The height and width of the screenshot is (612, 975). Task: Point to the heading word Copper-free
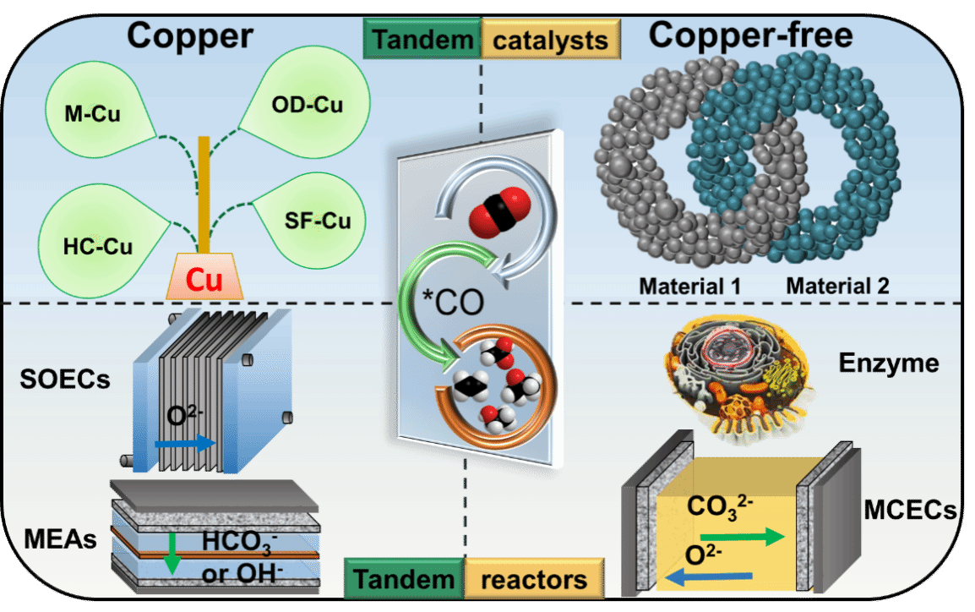coord(751,36)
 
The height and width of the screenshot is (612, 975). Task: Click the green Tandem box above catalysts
coord(422,40)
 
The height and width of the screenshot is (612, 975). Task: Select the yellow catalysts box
coord(550,40)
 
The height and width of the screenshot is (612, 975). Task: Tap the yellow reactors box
coord(534,580)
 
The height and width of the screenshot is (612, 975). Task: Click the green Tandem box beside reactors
coord(404,580)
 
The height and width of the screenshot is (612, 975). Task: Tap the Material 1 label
coord(689,287)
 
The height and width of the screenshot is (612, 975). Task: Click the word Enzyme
coord(889,363)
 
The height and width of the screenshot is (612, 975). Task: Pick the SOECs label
coord(64,380)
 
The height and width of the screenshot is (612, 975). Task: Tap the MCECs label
coord(911,510)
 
